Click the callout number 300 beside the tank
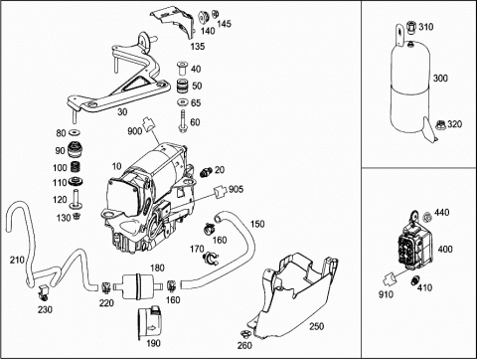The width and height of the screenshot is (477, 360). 440,79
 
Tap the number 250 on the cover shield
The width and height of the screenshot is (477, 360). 316,326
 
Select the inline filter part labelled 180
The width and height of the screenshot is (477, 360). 137,286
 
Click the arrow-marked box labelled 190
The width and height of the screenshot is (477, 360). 150,323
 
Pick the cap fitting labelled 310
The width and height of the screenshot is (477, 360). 411,27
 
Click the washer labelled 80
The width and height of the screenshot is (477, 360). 75,133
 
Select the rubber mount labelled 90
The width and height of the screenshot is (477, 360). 75,150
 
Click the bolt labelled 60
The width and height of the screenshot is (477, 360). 182,121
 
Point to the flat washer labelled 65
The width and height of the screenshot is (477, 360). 183,102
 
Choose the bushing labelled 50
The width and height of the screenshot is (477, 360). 183,86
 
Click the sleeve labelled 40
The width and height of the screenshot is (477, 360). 182,69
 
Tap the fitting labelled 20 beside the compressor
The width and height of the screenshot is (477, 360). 206,172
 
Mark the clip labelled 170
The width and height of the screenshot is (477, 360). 211,258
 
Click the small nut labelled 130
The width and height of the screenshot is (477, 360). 77,217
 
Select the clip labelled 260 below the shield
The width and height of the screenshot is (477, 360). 244,334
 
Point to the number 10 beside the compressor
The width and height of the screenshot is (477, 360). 117,166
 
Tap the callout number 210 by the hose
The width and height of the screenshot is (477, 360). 17,260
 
